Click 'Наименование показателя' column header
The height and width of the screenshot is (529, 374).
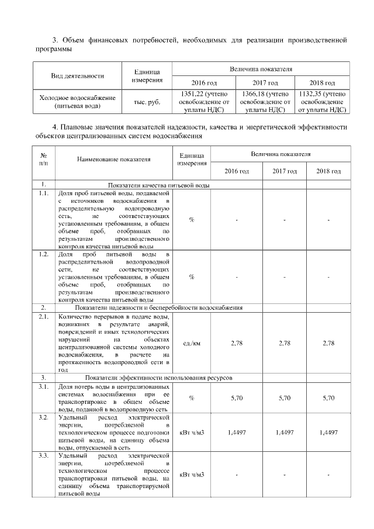pos(113,158)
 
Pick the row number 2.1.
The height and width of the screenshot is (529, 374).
pos(43,317)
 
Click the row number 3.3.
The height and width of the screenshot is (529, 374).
pos(43,455)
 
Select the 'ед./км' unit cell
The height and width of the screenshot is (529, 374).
pos(191,343)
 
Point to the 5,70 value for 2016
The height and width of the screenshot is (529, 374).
pos(237,398)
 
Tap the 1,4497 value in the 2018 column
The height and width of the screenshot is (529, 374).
pos(329,432)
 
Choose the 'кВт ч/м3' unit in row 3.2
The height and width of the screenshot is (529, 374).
pos(191,432)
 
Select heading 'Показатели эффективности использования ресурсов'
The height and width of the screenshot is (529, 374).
pos(158,378)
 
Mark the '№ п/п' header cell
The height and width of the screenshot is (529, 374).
pos(43,158)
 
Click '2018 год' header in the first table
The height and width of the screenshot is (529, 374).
pos(322,82)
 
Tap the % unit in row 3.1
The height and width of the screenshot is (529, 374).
pos(191,398)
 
